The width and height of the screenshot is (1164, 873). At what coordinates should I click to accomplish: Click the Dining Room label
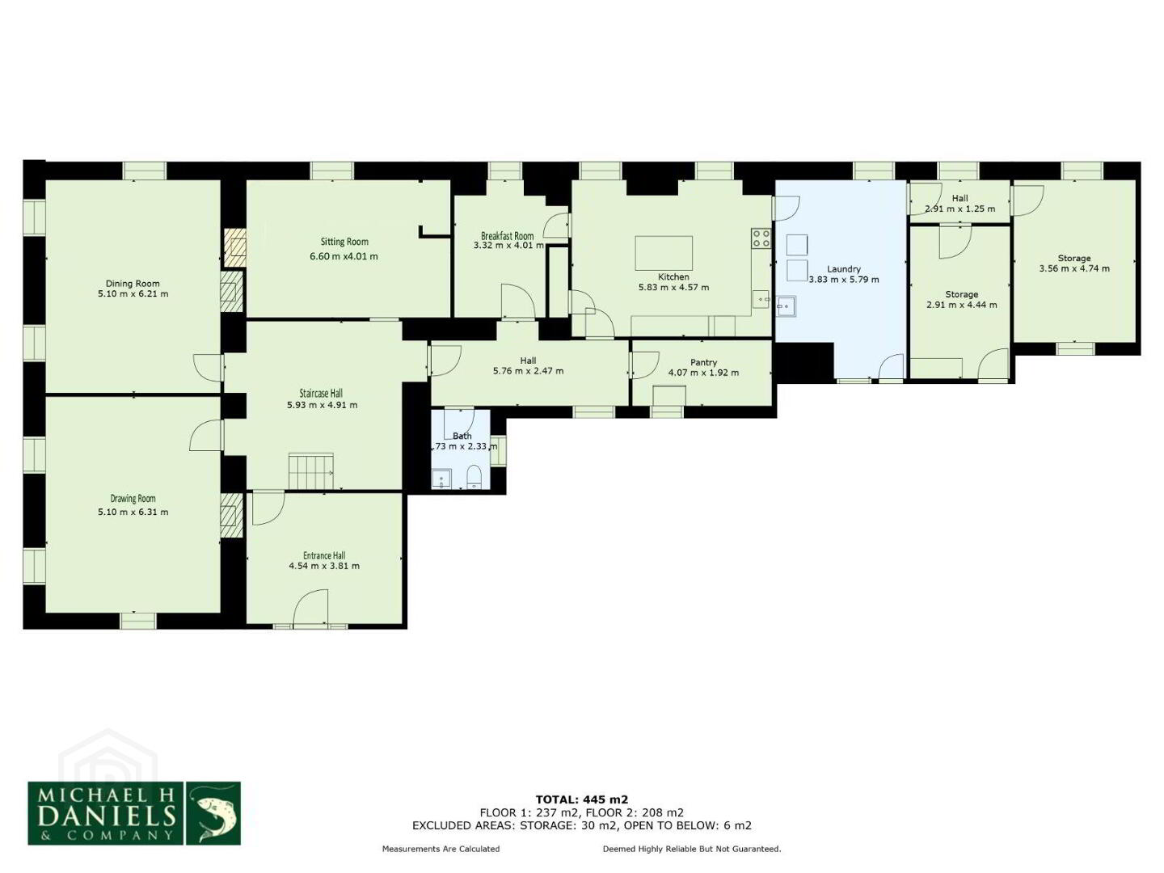click(x=133, y=284)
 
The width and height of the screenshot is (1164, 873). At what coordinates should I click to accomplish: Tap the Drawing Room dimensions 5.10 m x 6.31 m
click(x=133, y=512)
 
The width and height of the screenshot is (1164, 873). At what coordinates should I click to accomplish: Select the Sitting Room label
click(x=344, y=242)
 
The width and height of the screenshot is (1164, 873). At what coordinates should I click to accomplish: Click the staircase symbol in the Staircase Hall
click(x=311, y=471)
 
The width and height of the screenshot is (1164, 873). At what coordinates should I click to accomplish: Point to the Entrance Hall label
click(x=324, y=555)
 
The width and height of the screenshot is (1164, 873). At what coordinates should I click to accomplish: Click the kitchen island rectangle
click(x=664, y=253)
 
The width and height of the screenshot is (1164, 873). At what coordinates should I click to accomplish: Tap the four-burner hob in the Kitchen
click(x=761, y=238)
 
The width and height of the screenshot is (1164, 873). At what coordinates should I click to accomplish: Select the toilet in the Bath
click(x=474, y=477)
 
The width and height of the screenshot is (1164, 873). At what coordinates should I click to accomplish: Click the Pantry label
click(x=704, y=363)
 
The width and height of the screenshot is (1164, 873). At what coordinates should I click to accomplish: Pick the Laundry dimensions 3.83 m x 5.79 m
click(x=844, y=280)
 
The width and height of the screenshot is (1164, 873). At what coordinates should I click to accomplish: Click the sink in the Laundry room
click(x=786, y=306)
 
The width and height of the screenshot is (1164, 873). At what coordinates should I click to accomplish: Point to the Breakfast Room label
click(x=508, y=236)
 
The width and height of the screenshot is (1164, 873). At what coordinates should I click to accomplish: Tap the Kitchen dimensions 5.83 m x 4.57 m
click(x=673, y=287)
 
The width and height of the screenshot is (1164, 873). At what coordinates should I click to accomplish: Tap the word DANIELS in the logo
click(x=107, y=816)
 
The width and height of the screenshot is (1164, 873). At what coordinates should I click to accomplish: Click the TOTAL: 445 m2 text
click(x=582, y=799)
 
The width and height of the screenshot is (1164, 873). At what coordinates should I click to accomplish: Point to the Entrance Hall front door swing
click(x=310, y=607)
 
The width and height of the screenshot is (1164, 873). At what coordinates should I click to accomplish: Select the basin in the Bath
click(x=441, y=478)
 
